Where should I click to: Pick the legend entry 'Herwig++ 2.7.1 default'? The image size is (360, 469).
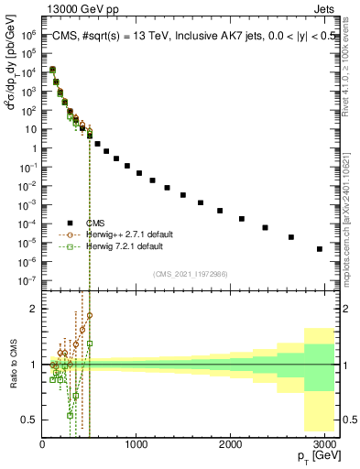136,234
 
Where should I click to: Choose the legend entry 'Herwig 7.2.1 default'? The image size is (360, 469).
135,246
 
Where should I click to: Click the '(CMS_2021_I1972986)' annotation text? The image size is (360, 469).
191,272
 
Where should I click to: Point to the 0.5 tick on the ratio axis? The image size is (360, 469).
29,420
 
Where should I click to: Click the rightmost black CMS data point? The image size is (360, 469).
319,248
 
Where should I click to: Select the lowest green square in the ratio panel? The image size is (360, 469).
70,414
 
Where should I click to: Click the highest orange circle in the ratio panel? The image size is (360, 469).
90,316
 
